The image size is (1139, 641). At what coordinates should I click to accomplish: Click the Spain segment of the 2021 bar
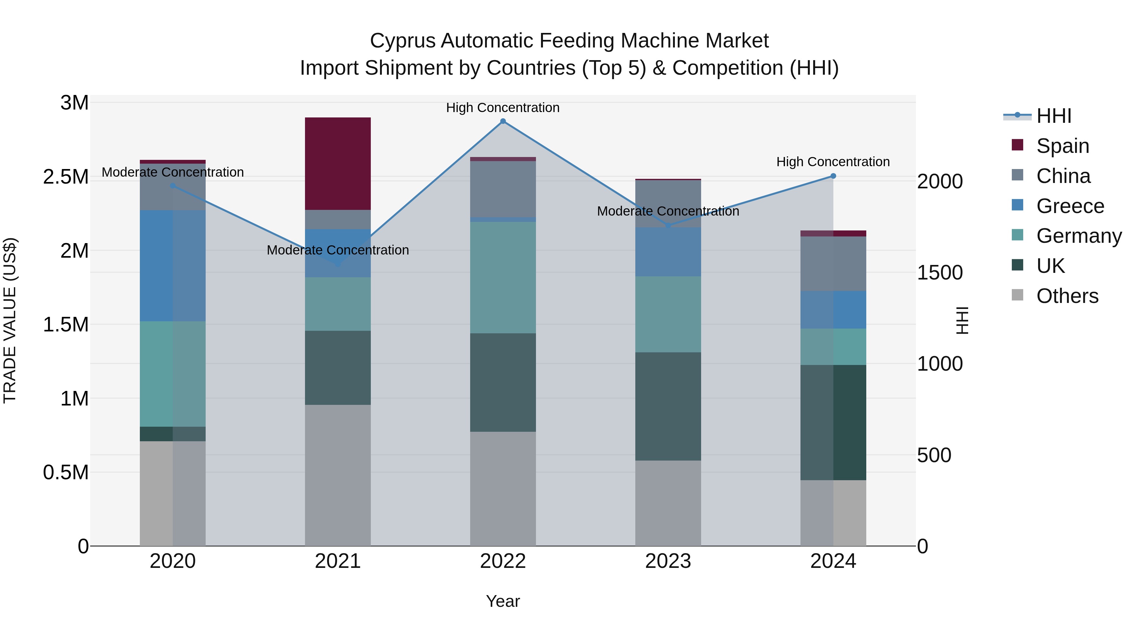click(x=338, y=164)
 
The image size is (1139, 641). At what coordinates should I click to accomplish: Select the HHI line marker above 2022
click(x=503, y=121)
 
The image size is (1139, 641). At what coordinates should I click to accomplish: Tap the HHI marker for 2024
click(x=833, y=176)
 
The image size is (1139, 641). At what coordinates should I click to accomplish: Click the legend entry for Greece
click(x=1070, y=206)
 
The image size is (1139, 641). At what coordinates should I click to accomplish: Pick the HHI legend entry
click(x=1054, y=116)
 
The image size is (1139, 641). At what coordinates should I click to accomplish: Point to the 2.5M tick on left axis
click(x=66, y=177)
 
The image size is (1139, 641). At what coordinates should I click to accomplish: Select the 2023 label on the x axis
click(x=668, y=561)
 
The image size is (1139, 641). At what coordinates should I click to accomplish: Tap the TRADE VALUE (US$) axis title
click(x=10, y=320)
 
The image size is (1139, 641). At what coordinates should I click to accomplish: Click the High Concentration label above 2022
click(x=503, y=108)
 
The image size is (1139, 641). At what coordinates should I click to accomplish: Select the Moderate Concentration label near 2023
click(x=668, y=211)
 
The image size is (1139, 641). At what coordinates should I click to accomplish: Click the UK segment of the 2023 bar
click(x=668, y=406)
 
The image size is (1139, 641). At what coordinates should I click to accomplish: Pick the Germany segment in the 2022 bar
click(x=503, y=277)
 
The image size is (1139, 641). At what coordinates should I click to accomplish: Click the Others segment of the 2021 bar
click(x=338, y=475)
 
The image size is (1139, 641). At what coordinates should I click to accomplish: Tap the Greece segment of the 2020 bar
click(x=172, y=266)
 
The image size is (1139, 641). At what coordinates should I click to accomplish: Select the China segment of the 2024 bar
click(x=833, y=264)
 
